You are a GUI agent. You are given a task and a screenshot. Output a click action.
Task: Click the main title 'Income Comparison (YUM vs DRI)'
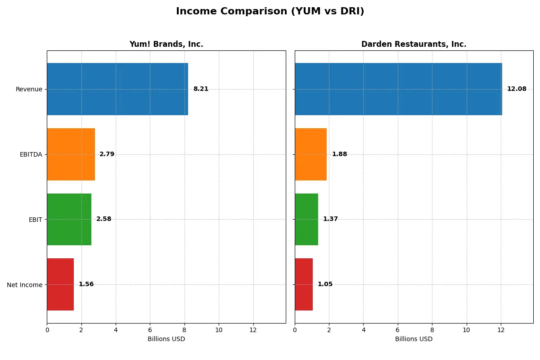[270, 12]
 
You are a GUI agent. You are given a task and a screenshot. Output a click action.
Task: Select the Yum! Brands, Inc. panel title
[166, 45]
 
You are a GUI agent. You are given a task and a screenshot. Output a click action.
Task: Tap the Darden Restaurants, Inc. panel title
[414, 45]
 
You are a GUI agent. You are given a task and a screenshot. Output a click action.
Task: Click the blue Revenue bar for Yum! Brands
[117, 89]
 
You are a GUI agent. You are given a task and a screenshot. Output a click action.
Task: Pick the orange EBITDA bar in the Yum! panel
[71, 154]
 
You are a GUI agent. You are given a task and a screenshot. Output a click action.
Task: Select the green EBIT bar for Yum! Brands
[69, 219]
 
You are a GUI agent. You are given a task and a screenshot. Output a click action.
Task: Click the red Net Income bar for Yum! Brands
[60, 284]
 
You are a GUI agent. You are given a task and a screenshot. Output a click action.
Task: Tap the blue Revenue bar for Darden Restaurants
[398, 89]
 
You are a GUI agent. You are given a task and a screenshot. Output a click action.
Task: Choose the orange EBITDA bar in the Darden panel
[310, 154]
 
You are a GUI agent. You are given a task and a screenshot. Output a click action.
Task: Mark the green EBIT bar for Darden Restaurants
[306, 219]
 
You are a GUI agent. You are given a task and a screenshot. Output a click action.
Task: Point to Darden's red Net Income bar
[304, 284]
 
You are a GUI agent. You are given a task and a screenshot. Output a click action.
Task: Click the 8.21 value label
[201, 89]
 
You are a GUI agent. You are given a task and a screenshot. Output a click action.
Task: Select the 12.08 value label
[517, 89]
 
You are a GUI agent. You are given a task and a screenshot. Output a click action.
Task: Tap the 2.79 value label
[107, 154]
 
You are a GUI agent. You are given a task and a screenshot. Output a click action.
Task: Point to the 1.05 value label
[325, 284]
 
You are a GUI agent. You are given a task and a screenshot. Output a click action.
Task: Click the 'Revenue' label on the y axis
[29, 90]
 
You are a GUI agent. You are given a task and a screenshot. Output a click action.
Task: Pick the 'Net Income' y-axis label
[24, 285]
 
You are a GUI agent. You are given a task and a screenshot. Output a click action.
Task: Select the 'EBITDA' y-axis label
[31, 155]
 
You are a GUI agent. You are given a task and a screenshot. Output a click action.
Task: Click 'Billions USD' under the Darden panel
[414, 339]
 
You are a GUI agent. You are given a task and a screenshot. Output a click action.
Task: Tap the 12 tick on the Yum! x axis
[253, 330]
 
